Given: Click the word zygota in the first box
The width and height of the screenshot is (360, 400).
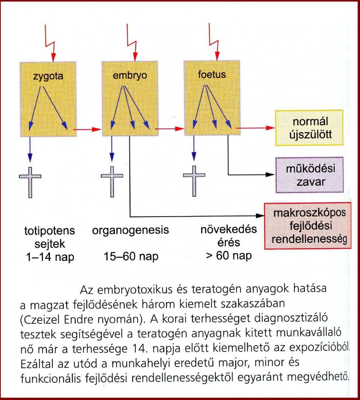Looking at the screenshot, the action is [48, 76].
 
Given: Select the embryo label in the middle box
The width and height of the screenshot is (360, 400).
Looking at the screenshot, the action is [130, 75].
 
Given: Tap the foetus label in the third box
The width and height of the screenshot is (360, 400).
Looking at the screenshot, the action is [212, 75].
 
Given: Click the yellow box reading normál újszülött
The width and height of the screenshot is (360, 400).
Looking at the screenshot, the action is [309, 128].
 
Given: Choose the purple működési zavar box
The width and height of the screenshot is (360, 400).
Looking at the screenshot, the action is [309, 175].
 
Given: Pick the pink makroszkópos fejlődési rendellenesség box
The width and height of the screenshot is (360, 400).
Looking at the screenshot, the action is [308, 226].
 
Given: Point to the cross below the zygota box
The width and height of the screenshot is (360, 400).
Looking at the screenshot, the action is [30, 183].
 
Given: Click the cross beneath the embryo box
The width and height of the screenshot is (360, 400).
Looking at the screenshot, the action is [112, 182].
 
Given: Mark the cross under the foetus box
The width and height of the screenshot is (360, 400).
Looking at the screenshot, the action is [194, 181].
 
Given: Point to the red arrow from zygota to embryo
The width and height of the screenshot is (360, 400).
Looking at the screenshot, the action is [87, 129].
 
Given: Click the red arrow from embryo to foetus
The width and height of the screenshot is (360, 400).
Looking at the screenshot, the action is [169, 129].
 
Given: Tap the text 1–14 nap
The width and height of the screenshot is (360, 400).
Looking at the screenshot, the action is [50, 257].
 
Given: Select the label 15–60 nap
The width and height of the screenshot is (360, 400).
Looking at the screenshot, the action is [131, 256].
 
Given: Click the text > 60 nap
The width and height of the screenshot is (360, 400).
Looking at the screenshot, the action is [229, 255].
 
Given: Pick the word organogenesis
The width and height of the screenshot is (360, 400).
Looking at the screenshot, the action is [130, 230].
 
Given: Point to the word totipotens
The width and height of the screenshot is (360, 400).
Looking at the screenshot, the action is [49, 231].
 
